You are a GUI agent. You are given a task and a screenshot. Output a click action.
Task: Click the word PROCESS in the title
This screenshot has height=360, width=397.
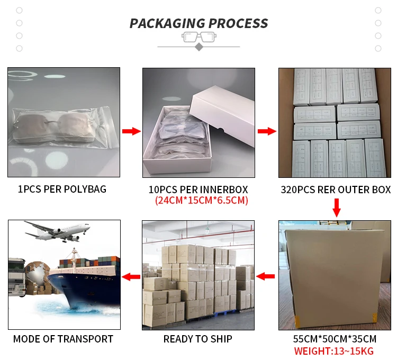[x=238, y=24]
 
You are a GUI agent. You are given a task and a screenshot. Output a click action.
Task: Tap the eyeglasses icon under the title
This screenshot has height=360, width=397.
[x=198, y=37]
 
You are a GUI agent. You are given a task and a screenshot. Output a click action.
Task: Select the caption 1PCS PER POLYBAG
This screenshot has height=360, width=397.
[x=62, y=190]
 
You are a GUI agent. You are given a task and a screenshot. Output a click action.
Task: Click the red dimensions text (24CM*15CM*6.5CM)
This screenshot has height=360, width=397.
[x=201, y=201]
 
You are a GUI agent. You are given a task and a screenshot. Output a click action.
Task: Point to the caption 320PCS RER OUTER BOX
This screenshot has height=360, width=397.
[x=336, y=190]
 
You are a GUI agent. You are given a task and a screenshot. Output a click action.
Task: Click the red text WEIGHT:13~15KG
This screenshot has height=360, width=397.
[x=335, y=350]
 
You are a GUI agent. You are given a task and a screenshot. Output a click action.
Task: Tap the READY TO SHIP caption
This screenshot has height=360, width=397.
[x=197, y=339]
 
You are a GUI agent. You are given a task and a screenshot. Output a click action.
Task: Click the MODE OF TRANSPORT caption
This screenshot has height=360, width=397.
[x=63, y=339]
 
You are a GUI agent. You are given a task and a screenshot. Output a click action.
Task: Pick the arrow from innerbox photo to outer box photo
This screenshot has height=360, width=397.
[x=266, y=131]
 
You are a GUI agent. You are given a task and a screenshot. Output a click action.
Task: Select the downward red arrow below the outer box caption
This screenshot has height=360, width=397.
[x=336, y=207]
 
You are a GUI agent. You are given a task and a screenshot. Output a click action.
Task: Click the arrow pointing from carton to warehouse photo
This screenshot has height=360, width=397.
[x=266, y=276]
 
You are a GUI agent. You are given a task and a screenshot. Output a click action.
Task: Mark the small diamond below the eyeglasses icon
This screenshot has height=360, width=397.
[x=198, y=47]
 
